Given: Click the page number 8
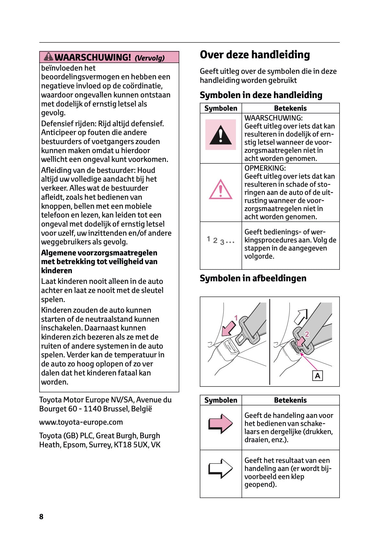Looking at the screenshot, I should click(x=41, y=516).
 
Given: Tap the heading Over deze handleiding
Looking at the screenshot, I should click(x=255, y=55).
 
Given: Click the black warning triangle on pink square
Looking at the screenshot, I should click(x=220, y=135).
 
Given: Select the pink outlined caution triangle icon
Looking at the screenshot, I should click(x=220, y=189).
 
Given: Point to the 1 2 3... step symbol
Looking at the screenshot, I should click(x=220, y=240).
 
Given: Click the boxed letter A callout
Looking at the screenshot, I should click(x=317, y=375).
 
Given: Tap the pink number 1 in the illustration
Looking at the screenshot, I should click(x=236, y=318).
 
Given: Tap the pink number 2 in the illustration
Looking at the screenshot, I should click(x=307, y=334).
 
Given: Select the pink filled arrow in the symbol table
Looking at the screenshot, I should click(x=220, y=423).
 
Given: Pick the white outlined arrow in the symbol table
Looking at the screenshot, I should click(x=220, y=468).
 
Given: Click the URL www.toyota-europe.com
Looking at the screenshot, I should click(x=81, y=422).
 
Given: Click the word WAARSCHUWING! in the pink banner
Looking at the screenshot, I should click(x=93, y=57).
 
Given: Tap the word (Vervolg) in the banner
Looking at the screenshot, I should click(x=150, y=58).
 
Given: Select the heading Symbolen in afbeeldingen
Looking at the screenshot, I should click(x=253, y=278).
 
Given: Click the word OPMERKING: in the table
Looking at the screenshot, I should click(x=265, y=168).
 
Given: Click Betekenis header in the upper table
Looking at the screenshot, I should click(x=290, y=108).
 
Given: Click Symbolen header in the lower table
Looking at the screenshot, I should click(x=221, y=400).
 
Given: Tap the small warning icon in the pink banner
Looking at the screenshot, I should click(x=49, y=57).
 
